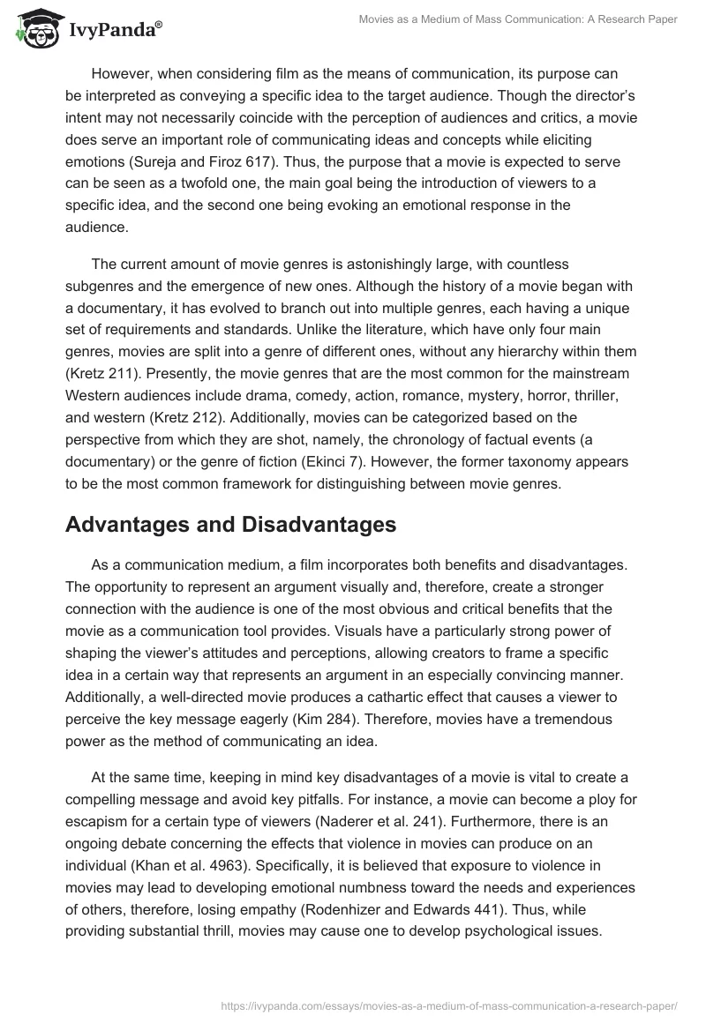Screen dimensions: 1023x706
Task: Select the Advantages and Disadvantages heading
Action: click(x=231, y=525)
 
